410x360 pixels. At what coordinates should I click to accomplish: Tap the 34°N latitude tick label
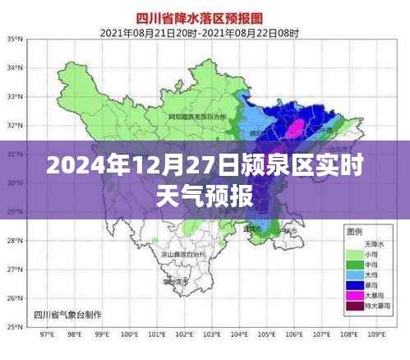point(14,68)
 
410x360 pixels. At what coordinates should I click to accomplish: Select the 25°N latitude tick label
point(14,327)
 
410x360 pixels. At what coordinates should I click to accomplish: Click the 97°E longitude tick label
point(47,335)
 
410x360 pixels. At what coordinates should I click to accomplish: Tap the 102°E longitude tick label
point(182,335)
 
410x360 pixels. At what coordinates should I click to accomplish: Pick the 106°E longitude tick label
point(293,335)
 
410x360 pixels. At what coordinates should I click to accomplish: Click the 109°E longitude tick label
point(375,335)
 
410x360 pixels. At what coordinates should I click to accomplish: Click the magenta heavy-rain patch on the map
point(295,127)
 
